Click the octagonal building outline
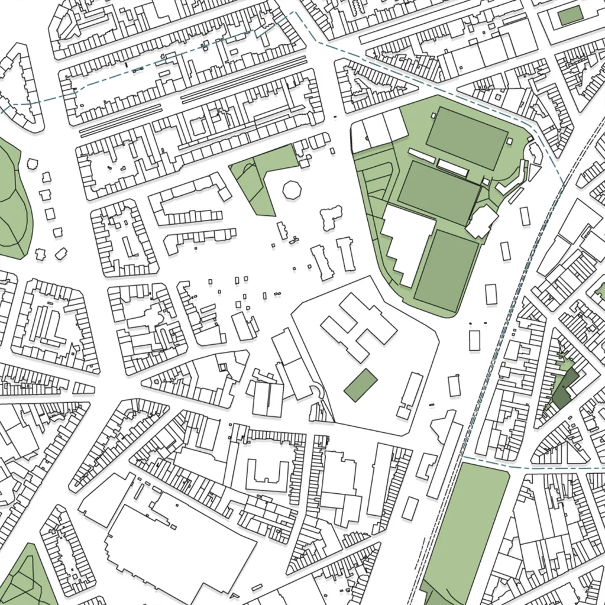tap(292, 190)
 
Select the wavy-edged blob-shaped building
tap(331, 218)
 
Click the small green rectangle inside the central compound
tap(361, 385)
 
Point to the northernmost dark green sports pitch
tap(467, 137)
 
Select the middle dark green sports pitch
tap(438, 192)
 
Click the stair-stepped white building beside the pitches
tap(407, 242)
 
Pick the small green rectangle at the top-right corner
tap(570, 16)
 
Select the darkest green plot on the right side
tap(563, 390)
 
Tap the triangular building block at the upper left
tap(21, 89)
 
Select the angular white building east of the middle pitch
tap(482, 221)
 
